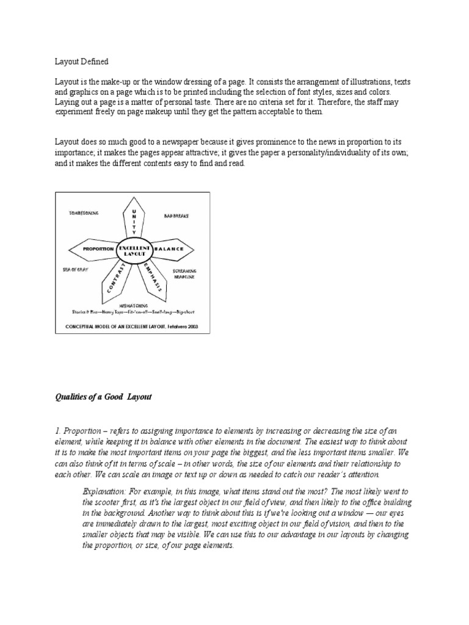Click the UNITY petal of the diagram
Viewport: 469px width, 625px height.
pos(133,219)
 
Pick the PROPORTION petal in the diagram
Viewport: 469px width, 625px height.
pos(92,250)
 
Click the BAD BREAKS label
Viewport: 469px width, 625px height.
pos(176,215)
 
